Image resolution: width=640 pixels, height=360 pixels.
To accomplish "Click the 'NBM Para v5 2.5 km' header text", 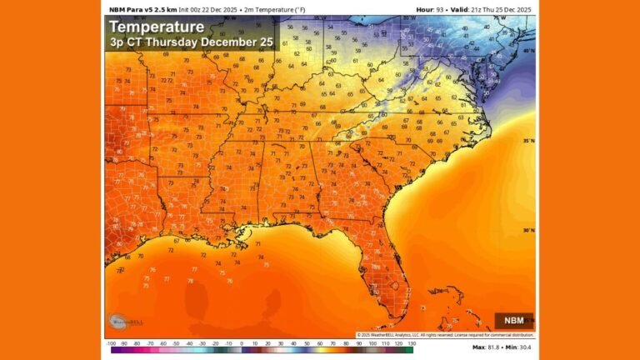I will coord(140,9).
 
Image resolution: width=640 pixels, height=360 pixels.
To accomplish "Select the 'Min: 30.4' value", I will coord(521,347).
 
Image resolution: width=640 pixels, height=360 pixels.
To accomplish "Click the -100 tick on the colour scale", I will coord(111,342).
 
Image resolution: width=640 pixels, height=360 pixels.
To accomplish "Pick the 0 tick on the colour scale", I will coord(242,342).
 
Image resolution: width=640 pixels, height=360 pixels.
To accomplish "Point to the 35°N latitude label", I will coord(528,141).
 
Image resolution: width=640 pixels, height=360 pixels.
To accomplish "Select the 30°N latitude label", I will coord(528,231).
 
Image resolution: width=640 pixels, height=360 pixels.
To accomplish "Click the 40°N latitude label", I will coord(528,51).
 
